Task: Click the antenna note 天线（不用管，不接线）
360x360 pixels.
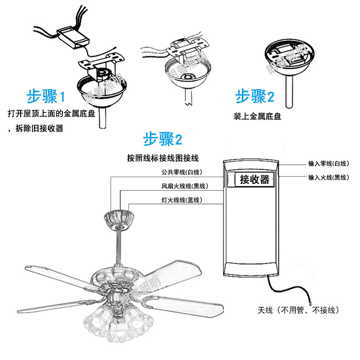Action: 299,311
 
